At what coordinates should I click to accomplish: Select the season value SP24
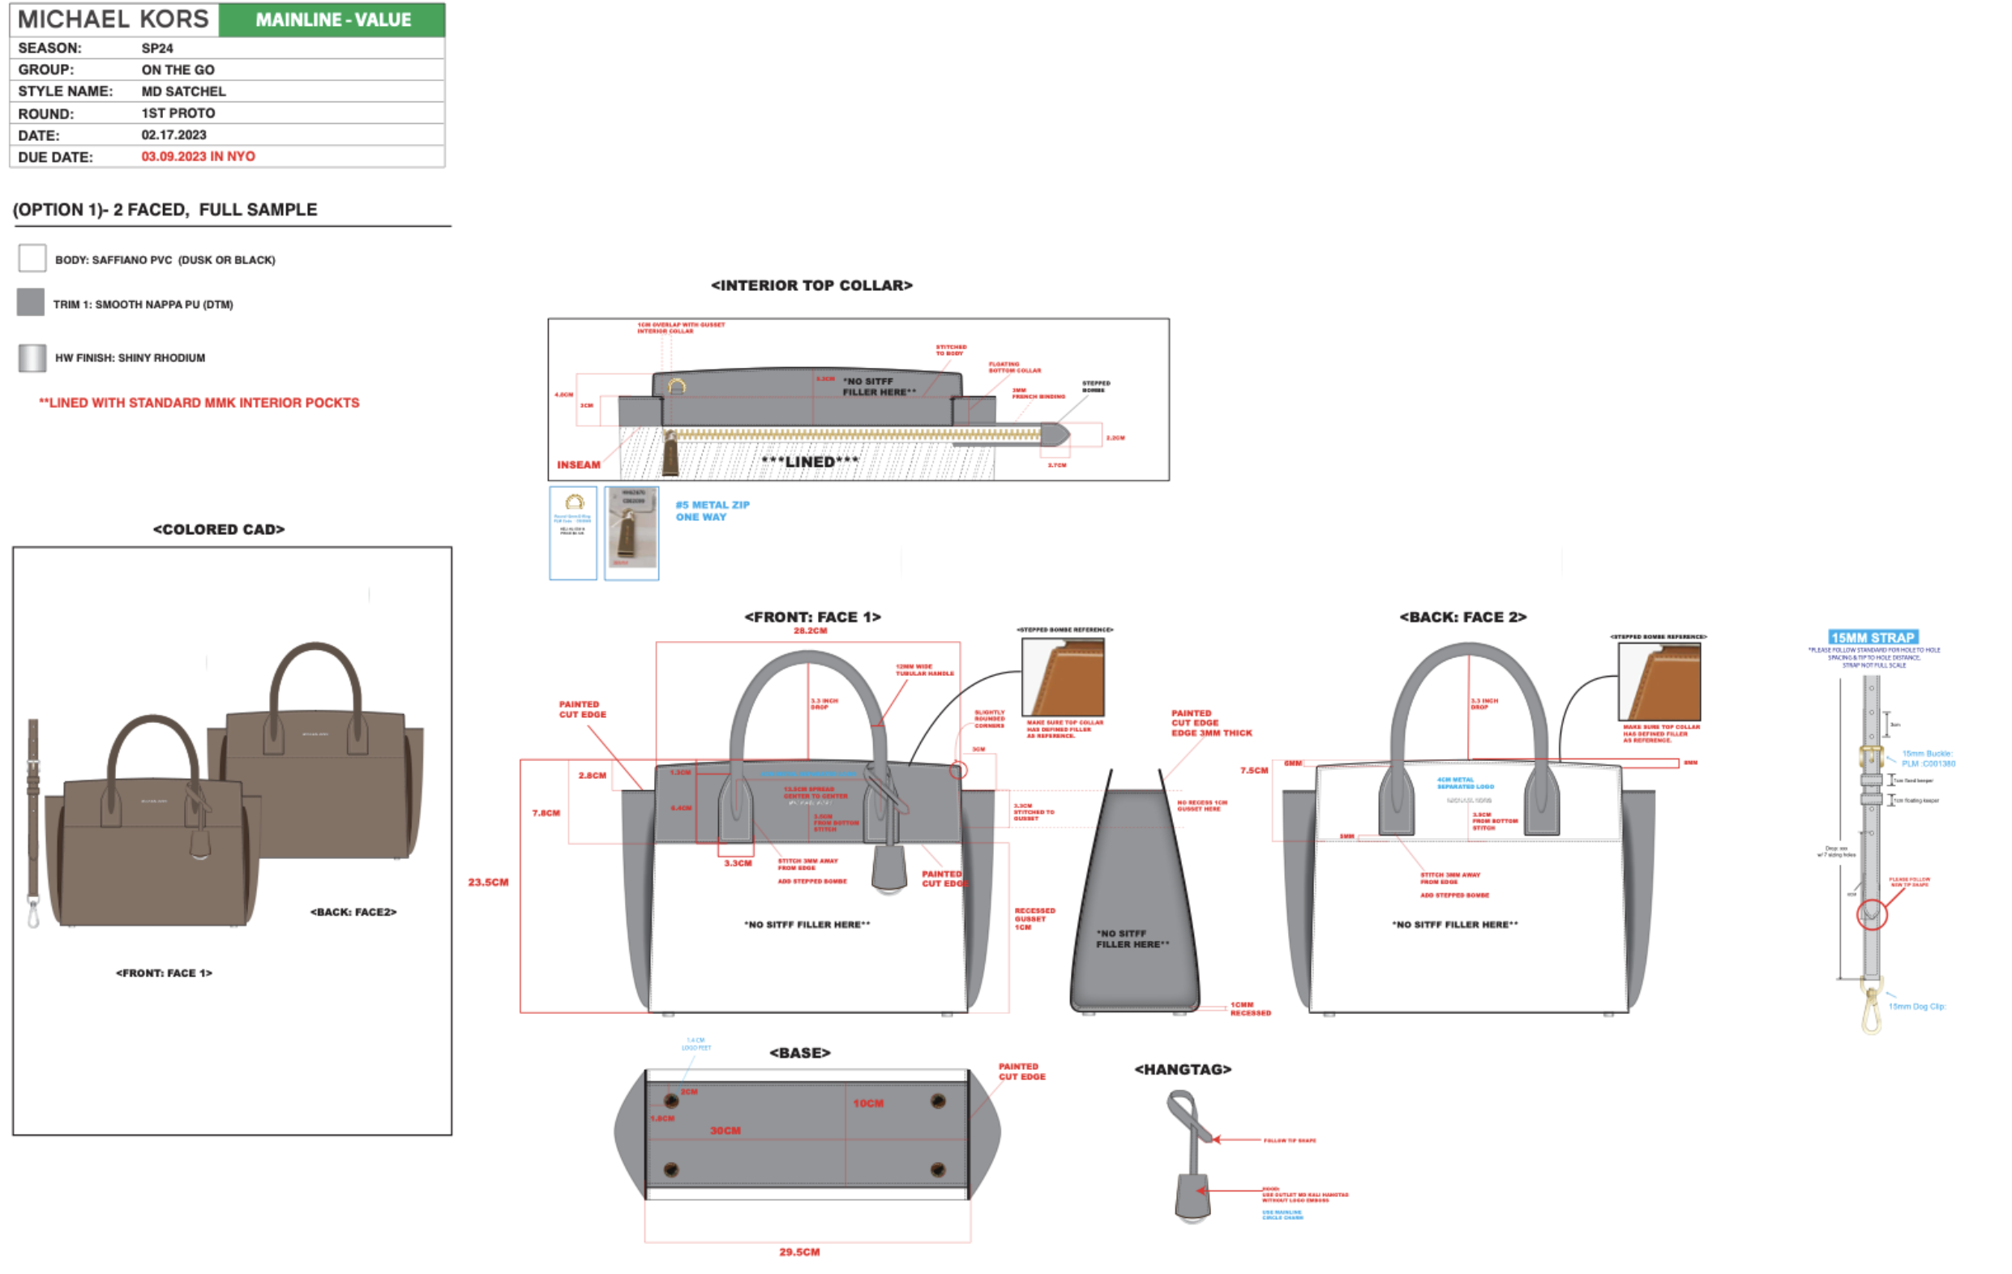point(157,49)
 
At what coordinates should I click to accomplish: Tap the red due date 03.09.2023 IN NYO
point(198,156)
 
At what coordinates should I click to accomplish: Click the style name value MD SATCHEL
point(183,91)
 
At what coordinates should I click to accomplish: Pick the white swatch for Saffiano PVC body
point(32,259)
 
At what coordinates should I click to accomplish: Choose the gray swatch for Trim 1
point(31,302)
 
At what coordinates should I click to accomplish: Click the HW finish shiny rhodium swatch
point(32,357)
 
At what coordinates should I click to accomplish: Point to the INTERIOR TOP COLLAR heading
point(811,286)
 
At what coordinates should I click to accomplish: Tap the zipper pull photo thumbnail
point(631,532)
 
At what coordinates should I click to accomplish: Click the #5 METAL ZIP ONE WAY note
point(712,511)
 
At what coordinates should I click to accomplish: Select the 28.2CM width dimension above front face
point(810,631)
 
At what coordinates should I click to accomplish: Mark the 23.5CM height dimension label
point(488,883)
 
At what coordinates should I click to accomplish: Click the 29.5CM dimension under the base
point(798,1251)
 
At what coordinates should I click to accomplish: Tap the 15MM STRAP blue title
point(1873,638)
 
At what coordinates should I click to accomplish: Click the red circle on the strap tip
point(1872,915)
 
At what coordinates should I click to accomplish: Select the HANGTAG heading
point(1182,1069)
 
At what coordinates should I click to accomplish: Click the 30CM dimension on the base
point(725,1131)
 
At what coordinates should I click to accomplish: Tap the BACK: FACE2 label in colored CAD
point(353,912)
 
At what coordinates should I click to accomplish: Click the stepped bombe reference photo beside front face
point(1063,677)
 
